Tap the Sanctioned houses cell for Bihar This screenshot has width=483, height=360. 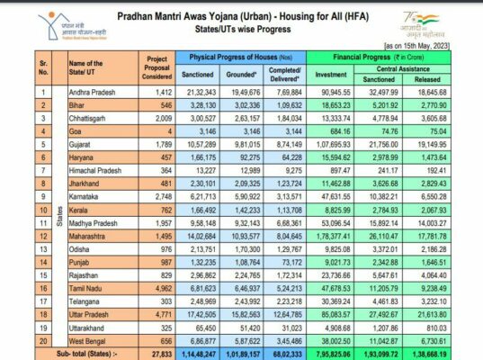tap(197, 106)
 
